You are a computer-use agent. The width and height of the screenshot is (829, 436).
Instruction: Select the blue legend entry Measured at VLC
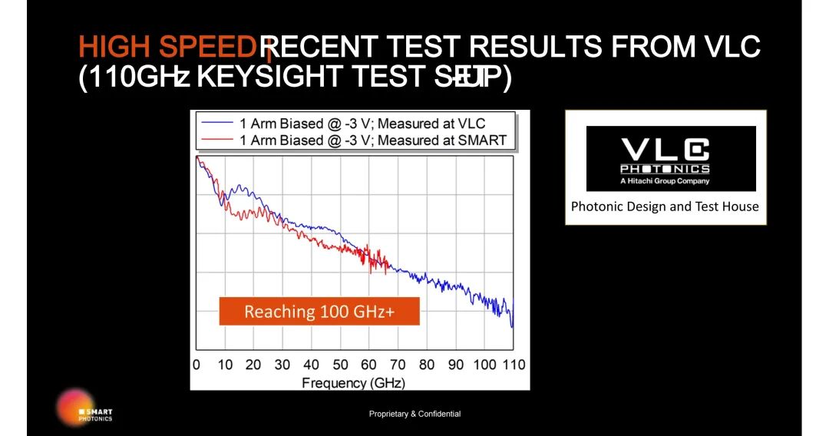[x=362, y=124]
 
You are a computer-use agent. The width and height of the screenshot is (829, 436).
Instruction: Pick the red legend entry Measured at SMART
[x=373, y=140]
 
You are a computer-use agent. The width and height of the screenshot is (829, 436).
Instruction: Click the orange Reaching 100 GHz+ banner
[x=319, y=312]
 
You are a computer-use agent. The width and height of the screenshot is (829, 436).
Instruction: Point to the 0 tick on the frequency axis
[x=196, y=365]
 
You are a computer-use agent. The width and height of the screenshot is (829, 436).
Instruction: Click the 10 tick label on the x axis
[x=224, y=365]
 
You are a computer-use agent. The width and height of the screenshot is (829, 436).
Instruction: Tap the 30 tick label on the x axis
[x=282, y=365]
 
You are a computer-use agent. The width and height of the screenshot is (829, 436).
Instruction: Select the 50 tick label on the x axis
[x=340, y=365]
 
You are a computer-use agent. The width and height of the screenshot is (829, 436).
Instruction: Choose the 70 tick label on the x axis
[x=398, y=365]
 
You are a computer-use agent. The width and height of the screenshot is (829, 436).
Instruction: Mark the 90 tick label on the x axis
[x=456, y=365]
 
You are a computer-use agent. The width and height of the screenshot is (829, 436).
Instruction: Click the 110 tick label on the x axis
[x=514, y=365]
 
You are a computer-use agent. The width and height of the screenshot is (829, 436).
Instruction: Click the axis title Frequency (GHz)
[x=353, y=382]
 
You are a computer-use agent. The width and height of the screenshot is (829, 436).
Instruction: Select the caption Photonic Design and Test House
[x=665, y=206]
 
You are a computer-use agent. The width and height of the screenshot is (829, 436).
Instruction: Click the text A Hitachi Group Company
[x=665, y=181]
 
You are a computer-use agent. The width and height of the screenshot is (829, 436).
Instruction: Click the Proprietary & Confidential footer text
[x=414, y=415]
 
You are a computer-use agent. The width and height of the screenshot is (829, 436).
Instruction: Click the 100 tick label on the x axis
[x=484, y=365]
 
